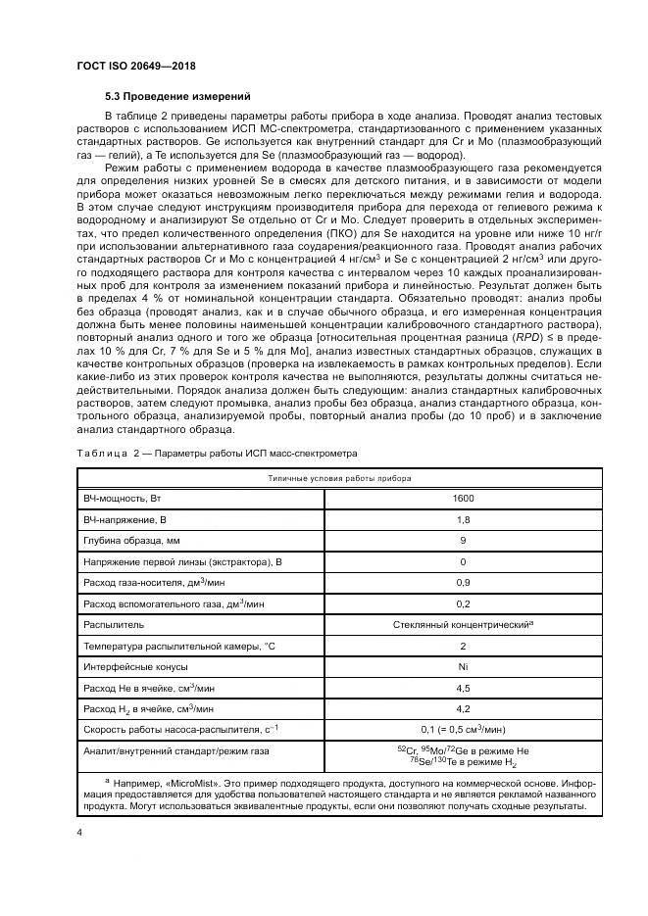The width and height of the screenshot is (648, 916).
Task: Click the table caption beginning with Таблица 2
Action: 217,454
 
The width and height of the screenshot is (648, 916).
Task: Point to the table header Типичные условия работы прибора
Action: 340,478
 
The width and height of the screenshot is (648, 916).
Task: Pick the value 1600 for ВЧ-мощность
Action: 463,499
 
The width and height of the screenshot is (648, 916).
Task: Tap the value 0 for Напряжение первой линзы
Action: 463,561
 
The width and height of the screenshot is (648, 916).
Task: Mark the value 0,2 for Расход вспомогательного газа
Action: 463,603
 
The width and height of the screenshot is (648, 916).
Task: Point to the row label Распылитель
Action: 114,623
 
